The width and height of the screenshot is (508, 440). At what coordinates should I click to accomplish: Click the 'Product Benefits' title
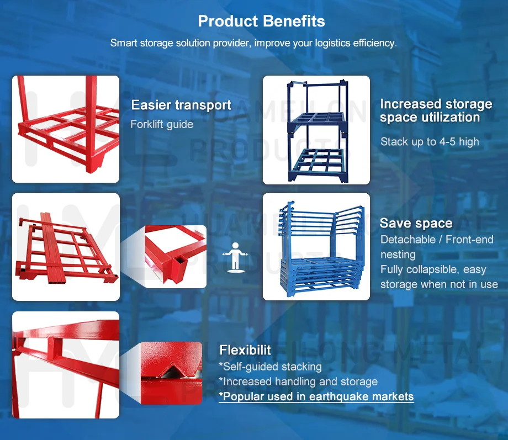coord(261,22)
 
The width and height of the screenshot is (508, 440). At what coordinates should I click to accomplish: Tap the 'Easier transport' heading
coord(181,105)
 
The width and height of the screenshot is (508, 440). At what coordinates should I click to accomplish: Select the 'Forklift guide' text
coord(162,124)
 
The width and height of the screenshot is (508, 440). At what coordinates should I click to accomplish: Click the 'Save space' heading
coord(416,223)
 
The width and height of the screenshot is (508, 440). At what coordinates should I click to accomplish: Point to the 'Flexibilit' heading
coord(245,349)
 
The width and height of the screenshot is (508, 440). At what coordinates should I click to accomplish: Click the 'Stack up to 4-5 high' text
coord(430,142)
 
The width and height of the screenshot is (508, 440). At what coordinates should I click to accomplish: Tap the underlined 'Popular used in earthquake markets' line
coord(316,396)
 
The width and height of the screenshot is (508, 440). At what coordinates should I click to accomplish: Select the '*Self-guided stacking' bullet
coord(270,367)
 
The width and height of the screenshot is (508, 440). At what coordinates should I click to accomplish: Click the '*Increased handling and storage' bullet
coord(298,381)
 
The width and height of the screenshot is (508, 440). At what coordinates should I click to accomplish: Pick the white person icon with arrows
coord(236,256)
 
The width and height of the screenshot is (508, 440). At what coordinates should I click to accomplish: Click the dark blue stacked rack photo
coord(316,130)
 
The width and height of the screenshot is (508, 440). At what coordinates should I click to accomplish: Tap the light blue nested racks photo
coord(316,246)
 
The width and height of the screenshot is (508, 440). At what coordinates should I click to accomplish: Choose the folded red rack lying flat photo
coord(66,247)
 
